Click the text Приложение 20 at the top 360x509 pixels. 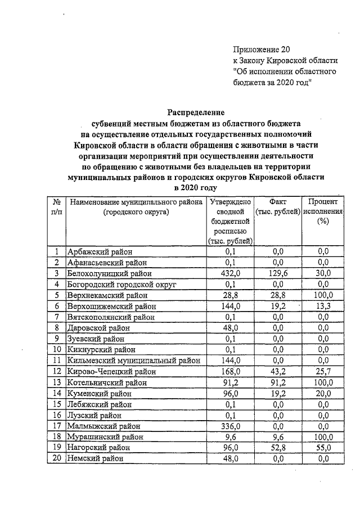262,49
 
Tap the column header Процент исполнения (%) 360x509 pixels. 322,212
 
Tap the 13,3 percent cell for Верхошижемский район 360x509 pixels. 322,306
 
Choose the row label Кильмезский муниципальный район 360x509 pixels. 132,361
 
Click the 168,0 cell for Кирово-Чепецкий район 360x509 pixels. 230,371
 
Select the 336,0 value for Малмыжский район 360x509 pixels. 230,426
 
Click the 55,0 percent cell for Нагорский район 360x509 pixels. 322,448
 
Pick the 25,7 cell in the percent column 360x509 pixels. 322,371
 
